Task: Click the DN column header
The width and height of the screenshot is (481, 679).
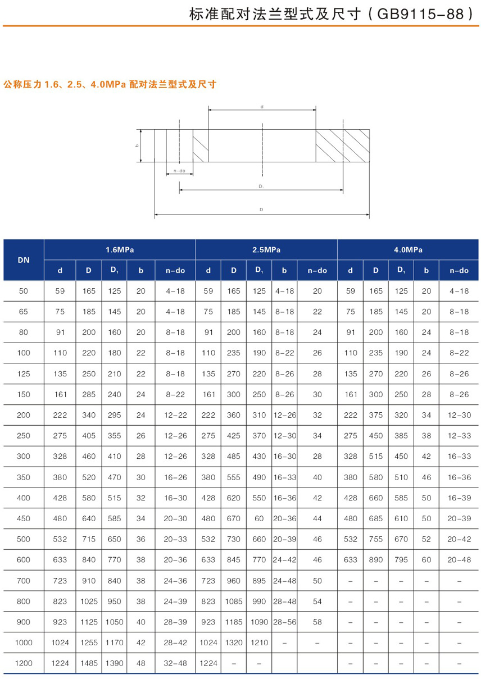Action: tap(24, 260)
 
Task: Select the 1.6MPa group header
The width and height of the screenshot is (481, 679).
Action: tap(119, 250)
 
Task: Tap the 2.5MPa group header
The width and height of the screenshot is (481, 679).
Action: tap(266, 250)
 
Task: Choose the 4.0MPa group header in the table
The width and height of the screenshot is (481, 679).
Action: tap(407, 250)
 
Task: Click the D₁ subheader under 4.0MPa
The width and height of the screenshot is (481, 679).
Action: tap(401, 270)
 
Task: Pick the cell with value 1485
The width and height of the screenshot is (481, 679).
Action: tap(88, 663)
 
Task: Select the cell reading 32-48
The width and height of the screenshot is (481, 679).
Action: tap(175, 663)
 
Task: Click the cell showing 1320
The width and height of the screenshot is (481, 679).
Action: tap(233, 642)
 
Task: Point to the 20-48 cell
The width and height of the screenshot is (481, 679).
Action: tap(459, 560)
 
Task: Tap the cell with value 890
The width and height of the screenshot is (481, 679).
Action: tap(375, 560)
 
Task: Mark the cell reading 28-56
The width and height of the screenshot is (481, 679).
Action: tap(284, 622)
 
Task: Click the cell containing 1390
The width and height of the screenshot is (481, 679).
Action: tap(114, 663)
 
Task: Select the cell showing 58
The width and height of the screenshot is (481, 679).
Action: tap(317, 622)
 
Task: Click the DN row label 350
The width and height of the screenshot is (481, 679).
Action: tap(24, 477)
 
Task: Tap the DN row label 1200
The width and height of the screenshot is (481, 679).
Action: tap(24, 663)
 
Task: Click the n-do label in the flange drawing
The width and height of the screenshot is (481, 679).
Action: tap(179, 170)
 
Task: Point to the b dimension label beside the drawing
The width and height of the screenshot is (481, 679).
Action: tap(137, 145)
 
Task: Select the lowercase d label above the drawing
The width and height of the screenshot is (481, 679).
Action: tap(262, 106)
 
